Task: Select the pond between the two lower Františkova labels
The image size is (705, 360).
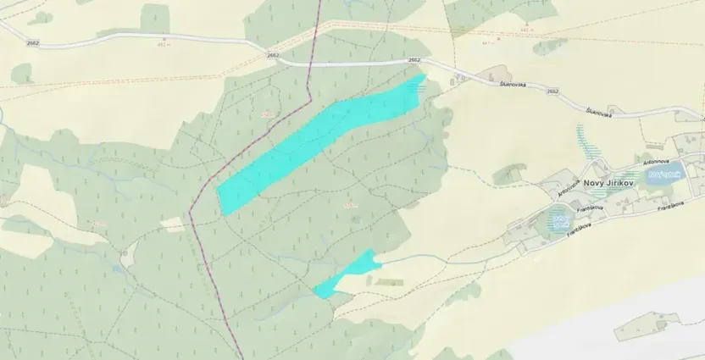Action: [559, 222]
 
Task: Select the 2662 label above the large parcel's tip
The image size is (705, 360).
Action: [414, 60]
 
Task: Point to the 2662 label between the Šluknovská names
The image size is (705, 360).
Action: [552, 91]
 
